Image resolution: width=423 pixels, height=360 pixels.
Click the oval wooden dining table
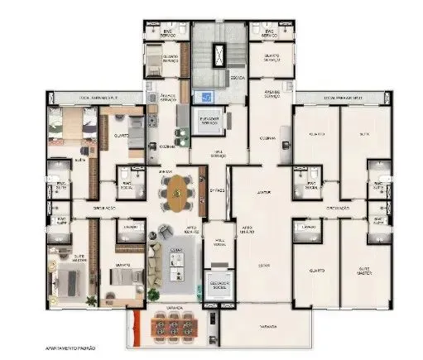[179, 194]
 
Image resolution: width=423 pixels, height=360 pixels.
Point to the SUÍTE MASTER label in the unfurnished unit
[361, 270]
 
